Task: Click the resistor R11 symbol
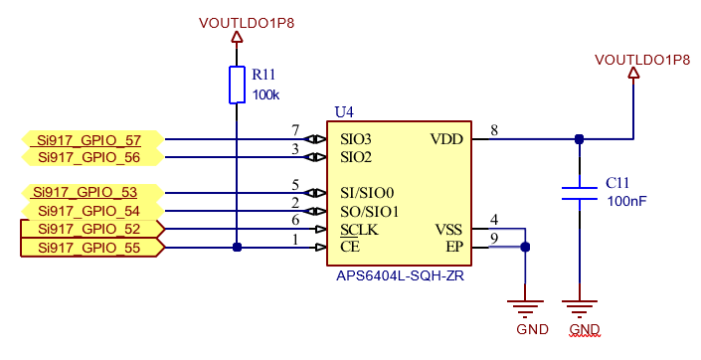pos(237,85)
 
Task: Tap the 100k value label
pos(265,95)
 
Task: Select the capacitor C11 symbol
pos(579,192)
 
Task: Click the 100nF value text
pos(626,201)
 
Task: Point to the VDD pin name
pos(446,139)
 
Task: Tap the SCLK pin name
pos(359,230)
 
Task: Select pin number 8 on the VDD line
pos(494,130)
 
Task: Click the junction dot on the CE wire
pos(237,248)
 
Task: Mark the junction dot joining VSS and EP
pos(525,248)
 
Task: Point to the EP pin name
pos(454,248)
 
